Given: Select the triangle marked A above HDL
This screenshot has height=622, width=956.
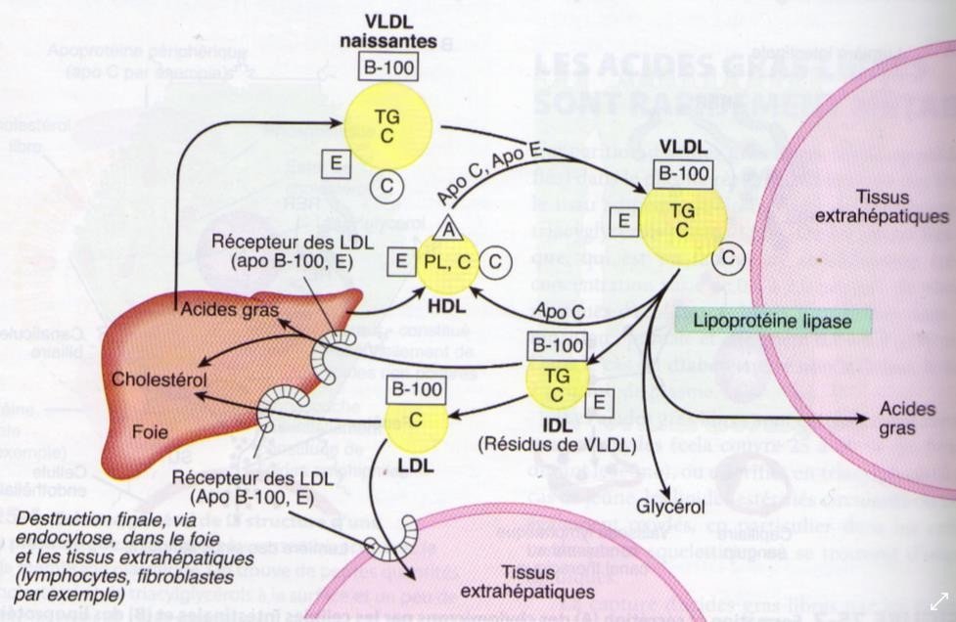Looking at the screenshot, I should pos(449,228).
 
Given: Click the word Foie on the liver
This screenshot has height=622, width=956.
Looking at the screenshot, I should pos(150,429).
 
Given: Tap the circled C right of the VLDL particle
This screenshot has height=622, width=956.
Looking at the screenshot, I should pos(730,257).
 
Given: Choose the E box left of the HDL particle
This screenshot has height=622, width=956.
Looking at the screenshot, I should pos(400,261).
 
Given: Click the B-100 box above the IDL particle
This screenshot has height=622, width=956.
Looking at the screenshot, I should pos(557,344).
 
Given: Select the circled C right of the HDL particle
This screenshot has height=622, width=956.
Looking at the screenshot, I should pos(497,261).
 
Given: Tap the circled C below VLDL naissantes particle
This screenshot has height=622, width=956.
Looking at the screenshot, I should pos(387,185).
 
